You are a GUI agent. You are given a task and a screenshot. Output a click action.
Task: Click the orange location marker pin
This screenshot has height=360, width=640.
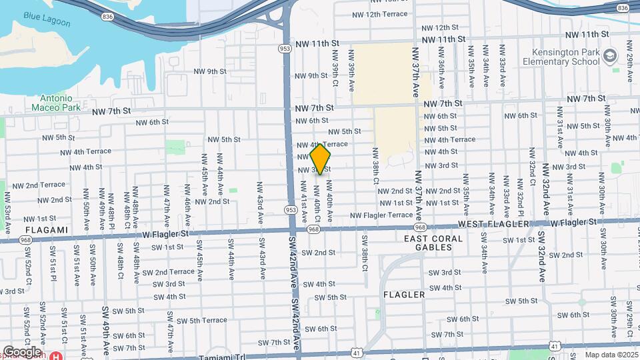click(x=321, y=159)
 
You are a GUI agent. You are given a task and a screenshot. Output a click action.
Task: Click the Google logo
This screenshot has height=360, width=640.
click(x=22, y=351)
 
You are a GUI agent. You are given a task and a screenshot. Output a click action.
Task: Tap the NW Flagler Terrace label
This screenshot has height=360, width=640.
click(x=381, y=215)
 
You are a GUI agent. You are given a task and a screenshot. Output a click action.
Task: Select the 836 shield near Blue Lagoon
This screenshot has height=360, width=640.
click(x=107, y=15)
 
